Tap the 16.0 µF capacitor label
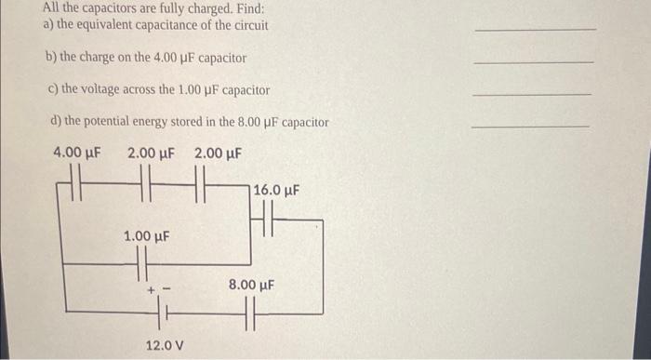(275, 191)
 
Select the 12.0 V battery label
(165, 345)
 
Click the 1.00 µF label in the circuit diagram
(147, 237)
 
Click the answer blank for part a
(535, 30)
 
